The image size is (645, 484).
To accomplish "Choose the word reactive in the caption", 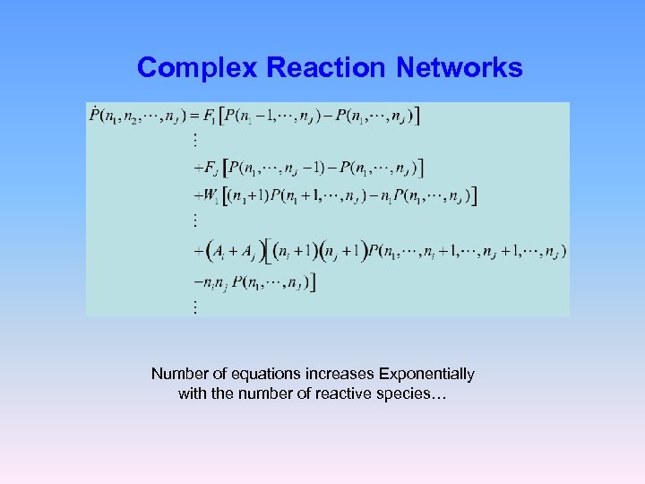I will pyautogui.click(x=356, y=393).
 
